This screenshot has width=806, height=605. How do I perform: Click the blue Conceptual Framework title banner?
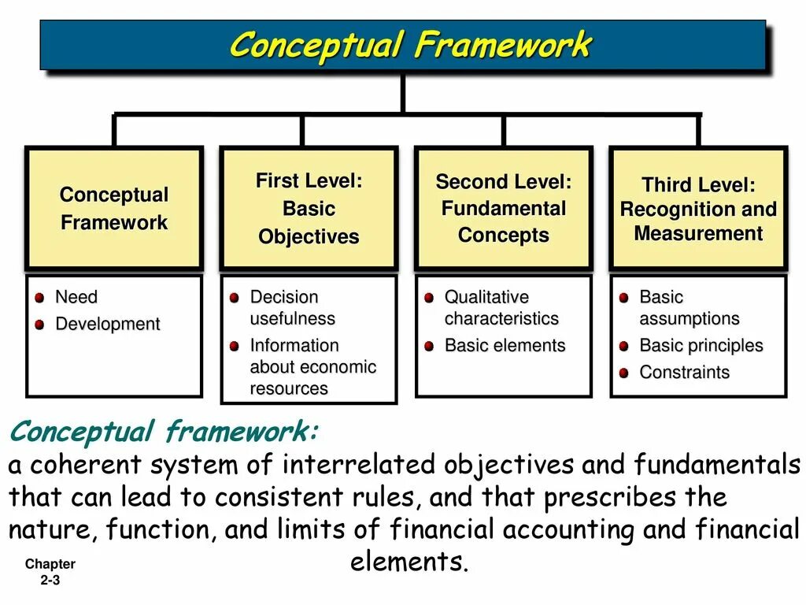click(x=403, y=45)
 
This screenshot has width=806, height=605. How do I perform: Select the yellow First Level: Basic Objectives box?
click(x=309, y=209)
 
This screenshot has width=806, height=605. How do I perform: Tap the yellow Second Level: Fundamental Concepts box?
click(x=503, y=209)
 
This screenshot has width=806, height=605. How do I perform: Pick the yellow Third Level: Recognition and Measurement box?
click(x=698, y=209)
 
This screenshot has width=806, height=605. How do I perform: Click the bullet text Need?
click(x=76, y=298)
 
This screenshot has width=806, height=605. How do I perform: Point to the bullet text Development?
click(x=107, y=325)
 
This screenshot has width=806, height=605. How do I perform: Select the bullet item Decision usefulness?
click(x=292, y=308)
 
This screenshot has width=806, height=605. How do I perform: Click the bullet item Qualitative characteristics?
click(x=501, y=308)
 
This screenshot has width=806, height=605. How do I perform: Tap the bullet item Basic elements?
click(x=505, y=346)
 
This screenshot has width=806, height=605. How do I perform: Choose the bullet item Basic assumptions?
click(x=689, y=308)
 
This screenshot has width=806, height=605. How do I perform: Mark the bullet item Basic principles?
click(x=701, y=346)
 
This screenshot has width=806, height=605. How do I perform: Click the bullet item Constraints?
click(x=684, y=373)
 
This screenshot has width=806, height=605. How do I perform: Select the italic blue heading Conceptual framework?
click(x=164, y=432)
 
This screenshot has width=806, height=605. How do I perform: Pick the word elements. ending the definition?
click(x=409, y=562)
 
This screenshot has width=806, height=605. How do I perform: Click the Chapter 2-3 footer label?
click(x=50, y=572)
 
